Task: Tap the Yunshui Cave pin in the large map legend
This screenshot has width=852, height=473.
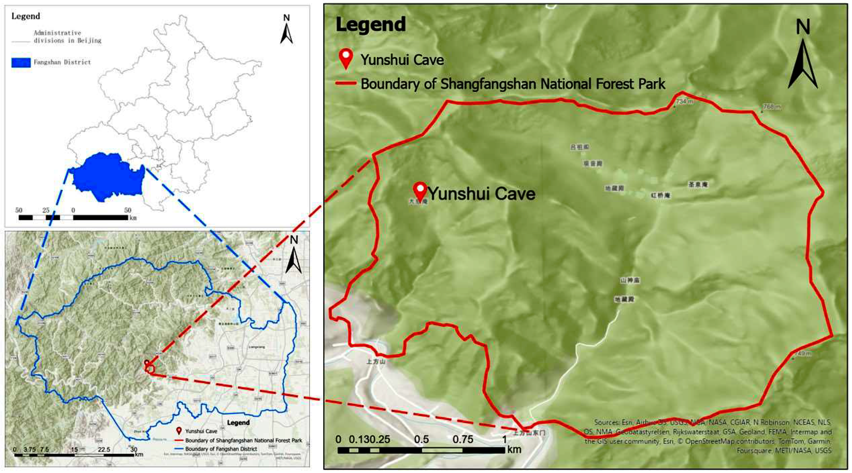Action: tap(346, 58)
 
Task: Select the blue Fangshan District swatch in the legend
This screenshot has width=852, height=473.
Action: tap(21, 62)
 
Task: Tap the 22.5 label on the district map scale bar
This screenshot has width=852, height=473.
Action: tap(104, 450)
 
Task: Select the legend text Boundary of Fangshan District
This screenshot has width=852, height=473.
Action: tap(221, 449)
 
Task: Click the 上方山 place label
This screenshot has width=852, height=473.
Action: tap(376, 361)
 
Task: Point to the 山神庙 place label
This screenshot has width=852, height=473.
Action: tap(630, 280)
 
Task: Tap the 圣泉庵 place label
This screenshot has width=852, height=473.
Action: tap(698, 184)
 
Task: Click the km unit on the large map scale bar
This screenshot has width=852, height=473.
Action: tap(514, 449)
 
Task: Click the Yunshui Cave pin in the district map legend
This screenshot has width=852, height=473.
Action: tap(179, 431)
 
